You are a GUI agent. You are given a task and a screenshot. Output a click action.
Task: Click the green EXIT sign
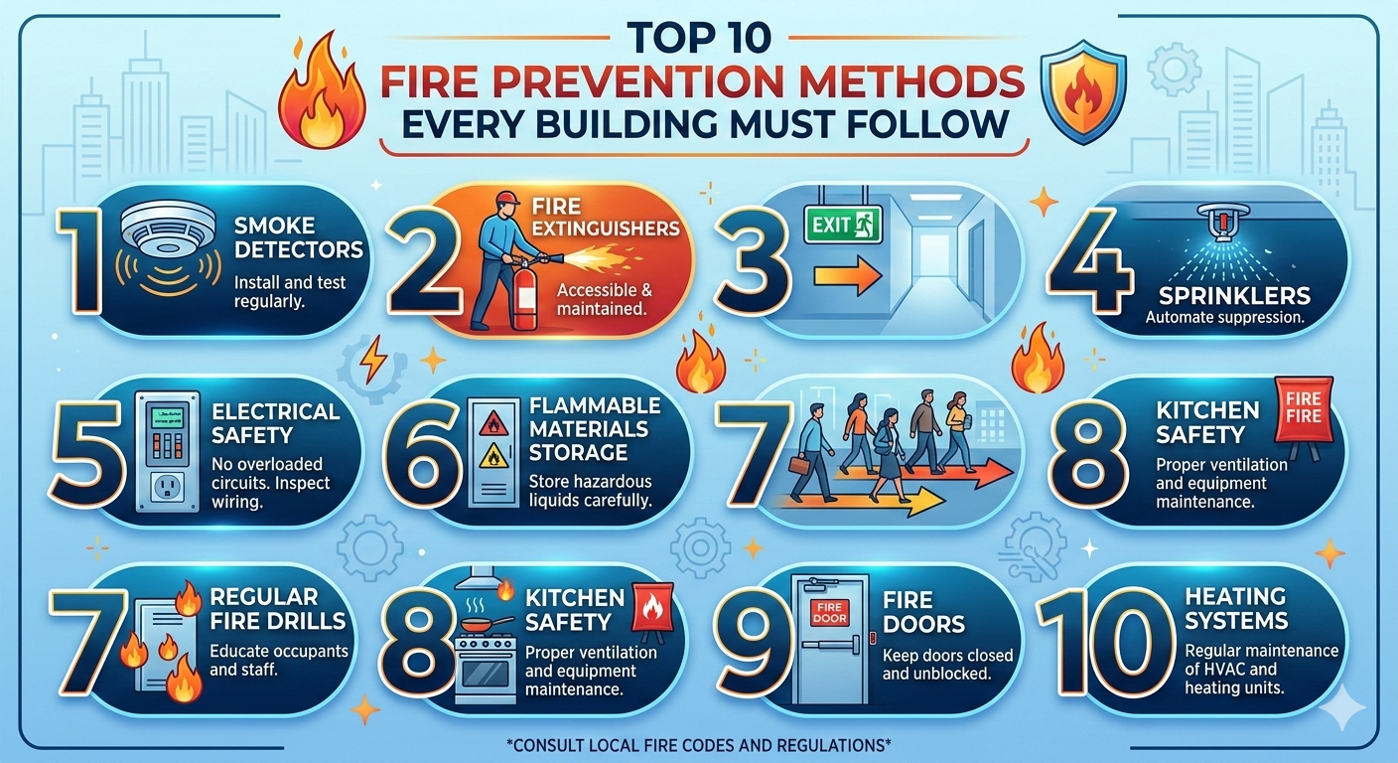843,225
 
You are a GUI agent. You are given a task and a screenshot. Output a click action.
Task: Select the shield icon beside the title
1084,91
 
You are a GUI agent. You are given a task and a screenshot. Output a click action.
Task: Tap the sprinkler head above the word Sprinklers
1224,223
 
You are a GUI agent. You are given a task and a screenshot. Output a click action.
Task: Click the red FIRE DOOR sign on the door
829,612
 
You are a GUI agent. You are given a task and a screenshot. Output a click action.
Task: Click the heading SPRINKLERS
1234,295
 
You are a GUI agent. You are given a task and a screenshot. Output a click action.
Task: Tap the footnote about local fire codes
699,745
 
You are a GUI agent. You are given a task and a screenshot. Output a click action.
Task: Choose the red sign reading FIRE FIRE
1303,407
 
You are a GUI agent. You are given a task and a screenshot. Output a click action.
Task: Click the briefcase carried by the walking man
800,464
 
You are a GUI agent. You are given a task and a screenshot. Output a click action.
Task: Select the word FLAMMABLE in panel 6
595,406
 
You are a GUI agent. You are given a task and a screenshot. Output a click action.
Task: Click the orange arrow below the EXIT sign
848,276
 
